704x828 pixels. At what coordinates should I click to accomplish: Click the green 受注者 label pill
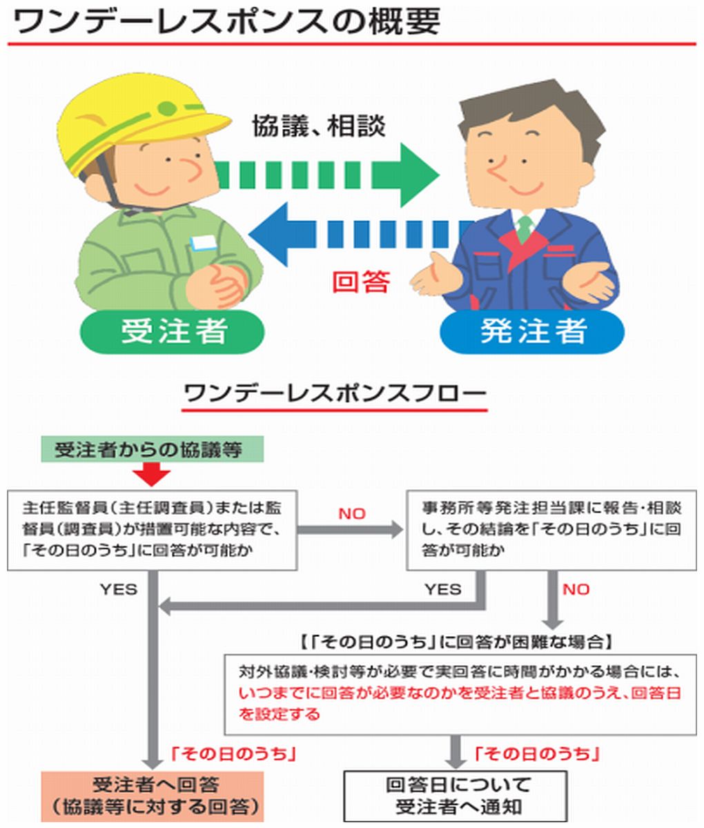[x=173, y=331]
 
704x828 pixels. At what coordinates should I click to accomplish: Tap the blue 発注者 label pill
[x=531, y=331]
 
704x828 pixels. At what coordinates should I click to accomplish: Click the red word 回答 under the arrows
[x=361, y=282]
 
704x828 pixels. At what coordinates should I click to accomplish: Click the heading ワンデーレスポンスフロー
[x=334, y=395]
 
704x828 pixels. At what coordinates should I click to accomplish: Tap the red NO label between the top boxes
[x=352, y=514]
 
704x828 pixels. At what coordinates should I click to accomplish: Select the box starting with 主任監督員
[x=153, y=530]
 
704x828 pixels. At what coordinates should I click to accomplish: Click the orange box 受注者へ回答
[x=152, y=795]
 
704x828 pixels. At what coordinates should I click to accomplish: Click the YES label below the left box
[x=118, y=589]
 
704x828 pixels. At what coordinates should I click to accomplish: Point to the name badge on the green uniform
[x=204, y=242]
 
